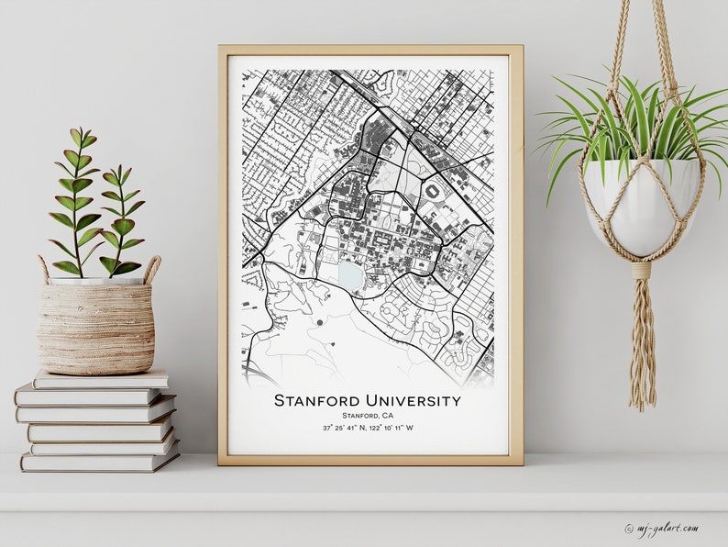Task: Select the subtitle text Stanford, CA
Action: click(x=367, y=416)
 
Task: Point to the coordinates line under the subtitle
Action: click(x=367, y=429)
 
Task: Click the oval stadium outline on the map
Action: click(x=433, y=190)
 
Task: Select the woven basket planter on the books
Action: click(x=95, y=327)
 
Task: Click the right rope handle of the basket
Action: click(x=151, y=268)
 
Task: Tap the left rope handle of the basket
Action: click(x=43, y=269)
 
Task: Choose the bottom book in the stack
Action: click(x=101, y=461)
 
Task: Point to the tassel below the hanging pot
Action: click(x=642, y=349)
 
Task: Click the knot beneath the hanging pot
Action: click(x=641, y=271)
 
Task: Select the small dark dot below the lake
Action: click(x=319, y=322)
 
